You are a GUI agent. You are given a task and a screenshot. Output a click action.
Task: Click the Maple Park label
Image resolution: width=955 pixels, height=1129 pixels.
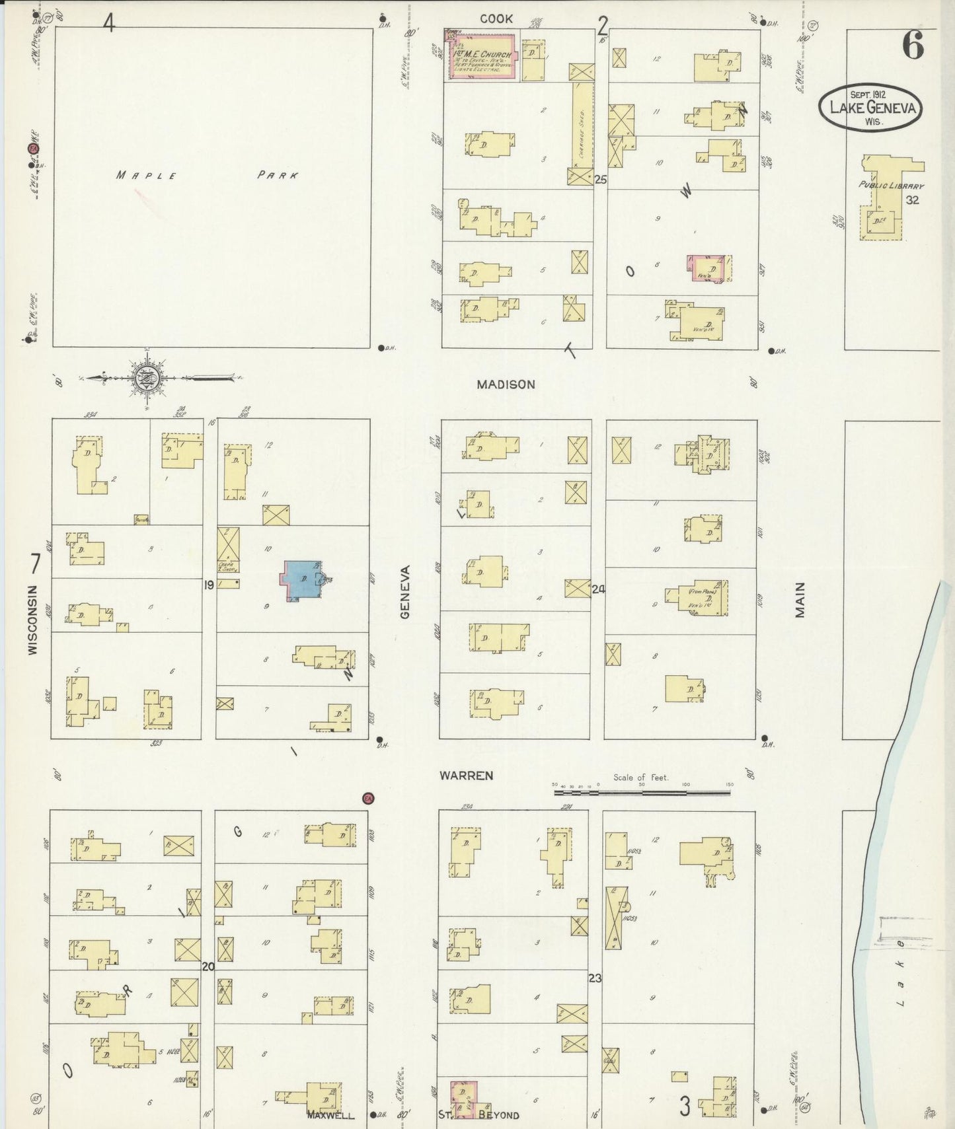tap(207, 175)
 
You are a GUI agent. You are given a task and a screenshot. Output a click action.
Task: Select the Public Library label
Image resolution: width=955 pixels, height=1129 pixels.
tap(890, 186)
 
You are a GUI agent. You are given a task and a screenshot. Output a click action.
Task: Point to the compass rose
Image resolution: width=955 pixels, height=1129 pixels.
tap(147, 379)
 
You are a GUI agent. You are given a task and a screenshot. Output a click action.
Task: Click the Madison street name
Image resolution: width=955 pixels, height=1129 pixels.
tap(506, 384)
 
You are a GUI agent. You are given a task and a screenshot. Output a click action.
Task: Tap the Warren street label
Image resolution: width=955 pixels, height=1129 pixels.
tap(467, 776)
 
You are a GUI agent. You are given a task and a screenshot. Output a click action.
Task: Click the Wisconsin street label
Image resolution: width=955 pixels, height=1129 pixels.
tap(33, 619)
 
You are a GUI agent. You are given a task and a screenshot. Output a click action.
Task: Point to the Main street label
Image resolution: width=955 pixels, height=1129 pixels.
tap(800, 600)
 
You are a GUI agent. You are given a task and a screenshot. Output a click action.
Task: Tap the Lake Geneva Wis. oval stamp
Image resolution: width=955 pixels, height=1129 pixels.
tap(870, 108)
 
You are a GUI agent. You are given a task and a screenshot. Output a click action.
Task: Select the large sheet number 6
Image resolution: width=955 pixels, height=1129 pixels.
tap(913, 45)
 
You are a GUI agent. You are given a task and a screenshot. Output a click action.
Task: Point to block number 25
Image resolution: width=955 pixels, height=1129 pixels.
tap(600, 179)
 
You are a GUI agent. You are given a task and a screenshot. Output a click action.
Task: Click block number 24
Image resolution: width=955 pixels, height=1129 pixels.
tap(599, 589)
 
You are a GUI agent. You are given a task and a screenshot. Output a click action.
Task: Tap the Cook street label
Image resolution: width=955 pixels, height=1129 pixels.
tap(496, 19)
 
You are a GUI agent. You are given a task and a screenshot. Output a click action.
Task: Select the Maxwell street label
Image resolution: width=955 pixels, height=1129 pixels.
tap(330, 1114)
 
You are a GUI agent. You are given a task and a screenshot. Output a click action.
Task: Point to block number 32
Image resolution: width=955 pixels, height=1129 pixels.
tap(912, 200)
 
